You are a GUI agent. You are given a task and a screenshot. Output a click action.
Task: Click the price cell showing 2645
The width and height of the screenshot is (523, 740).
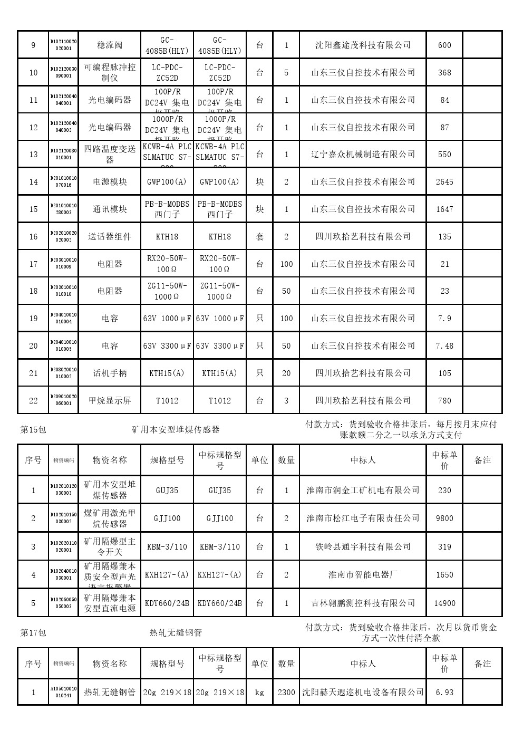click(444, 182)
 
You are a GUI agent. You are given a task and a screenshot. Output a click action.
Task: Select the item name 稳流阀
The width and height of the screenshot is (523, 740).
click(110, 45)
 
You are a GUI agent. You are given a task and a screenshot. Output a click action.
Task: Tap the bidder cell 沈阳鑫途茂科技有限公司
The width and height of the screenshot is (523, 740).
click(363, 45)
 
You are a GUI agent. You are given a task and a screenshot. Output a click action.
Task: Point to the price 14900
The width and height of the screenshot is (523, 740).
click(444, 603)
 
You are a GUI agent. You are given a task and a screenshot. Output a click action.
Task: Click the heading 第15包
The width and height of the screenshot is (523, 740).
click(33, 430)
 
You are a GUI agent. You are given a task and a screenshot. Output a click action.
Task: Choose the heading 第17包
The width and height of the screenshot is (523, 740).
click(33, 632)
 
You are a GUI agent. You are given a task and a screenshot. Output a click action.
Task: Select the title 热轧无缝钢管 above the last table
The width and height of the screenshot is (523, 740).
click(176, 632)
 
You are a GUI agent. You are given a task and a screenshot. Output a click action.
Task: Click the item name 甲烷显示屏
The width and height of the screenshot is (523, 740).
click(110, 401)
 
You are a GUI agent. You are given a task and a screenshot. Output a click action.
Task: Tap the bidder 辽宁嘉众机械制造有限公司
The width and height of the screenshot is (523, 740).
click(363, 155)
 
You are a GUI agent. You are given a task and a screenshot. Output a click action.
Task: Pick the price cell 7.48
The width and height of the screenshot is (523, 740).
click(444, 346)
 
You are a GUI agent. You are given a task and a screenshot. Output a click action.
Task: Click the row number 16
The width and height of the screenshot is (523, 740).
click(33, 237)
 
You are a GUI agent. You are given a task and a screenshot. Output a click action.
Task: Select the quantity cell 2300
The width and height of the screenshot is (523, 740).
click(286, 693)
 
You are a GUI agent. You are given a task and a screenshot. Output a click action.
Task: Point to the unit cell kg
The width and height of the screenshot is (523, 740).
click(259, 693)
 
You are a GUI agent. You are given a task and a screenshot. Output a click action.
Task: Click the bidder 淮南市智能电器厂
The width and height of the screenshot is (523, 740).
click(363, 575)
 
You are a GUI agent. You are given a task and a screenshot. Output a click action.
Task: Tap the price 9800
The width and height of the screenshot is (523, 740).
click(444, 518)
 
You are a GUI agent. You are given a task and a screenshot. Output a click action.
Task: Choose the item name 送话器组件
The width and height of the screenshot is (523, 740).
click(110, 237)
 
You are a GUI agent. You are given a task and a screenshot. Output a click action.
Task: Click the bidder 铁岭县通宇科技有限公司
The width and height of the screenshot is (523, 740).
click(363, 547)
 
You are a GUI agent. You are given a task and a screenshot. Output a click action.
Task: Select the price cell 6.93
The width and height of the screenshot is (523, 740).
click(444, 693)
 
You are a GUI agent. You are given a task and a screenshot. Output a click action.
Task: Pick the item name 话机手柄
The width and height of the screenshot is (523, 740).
click(110, 373)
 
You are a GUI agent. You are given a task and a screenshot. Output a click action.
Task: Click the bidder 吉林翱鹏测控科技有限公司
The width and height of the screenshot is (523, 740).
click(363, 603)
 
